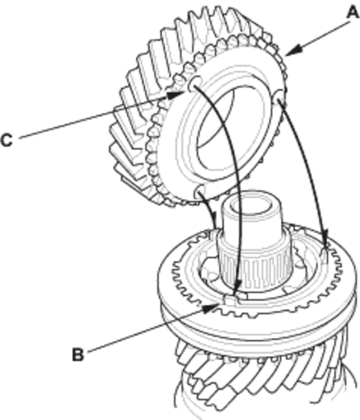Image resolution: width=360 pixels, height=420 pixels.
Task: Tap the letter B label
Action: tap(78, 354)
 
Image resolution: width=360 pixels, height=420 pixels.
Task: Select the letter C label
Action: tap(7, 139)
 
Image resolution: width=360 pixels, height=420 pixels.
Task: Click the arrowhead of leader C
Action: tap(176, 95)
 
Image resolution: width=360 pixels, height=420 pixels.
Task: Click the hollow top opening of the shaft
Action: tap(249, 206)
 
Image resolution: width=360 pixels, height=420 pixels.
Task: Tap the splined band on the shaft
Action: tap(254, 270)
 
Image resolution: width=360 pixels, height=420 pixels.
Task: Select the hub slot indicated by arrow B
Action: tap(230, 301)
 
